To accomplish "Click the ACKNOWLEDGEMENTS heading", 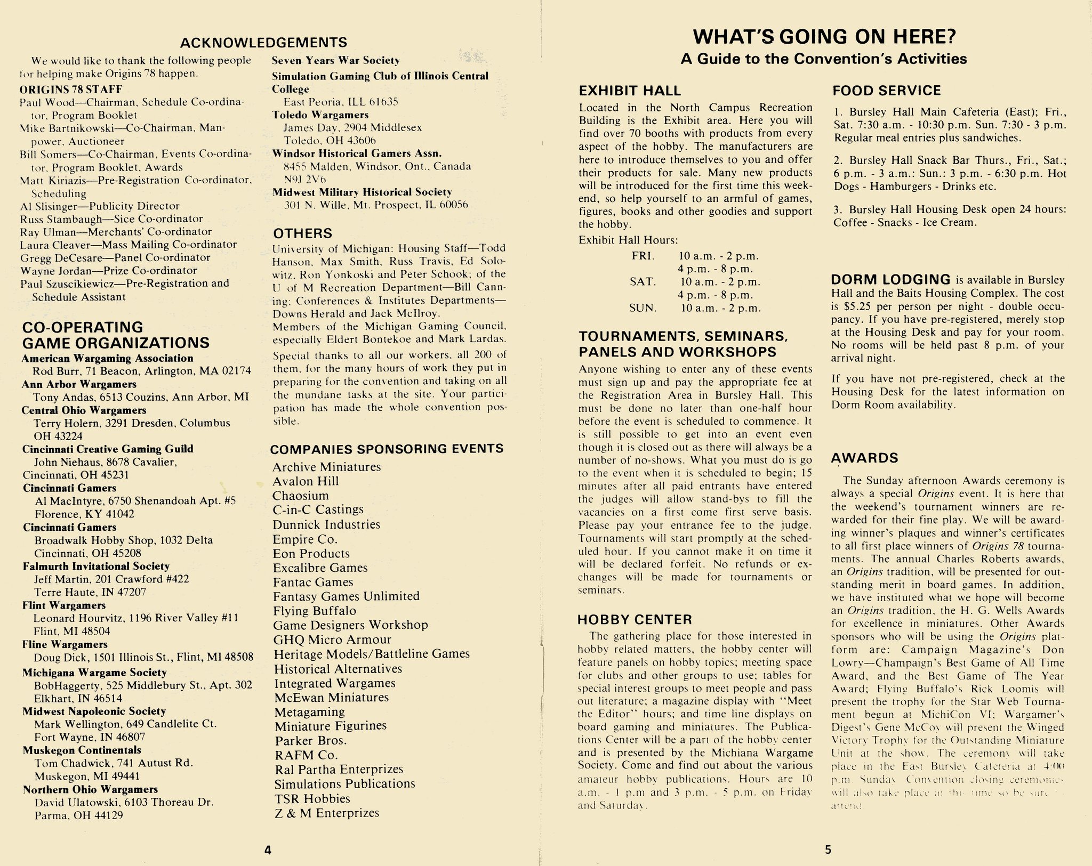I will (263, 42).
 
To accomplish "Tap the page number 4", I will (268, 851).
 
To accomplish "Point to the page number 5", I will (828, 849).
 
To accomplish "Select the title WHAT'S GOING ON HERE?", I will (824, 36).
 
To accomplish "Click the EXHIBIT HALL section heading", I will (630, 91).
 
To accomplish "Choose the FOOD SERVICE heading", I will (886, 91).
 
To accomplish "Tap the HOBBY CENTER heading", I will (635, 619).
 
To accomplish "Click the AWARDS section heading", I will (864, 458).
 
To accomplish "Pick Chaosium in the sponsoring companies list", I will (301, 496).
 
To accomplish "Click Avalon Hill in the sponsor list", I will (306, 481).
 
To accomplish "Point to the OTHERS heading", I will (302, 233).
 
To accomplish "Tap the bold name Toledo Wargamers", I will (320, 115).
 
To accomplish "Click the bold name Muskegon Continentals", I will (82, 750).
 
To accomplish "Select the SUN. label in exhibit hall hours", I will (644, 308).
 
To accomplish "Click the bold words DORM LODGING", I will (890, 280).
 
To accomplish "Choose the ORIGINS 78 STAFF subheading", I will (71, 89).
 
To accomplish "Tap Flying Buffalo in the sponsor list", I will (314, 611).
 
